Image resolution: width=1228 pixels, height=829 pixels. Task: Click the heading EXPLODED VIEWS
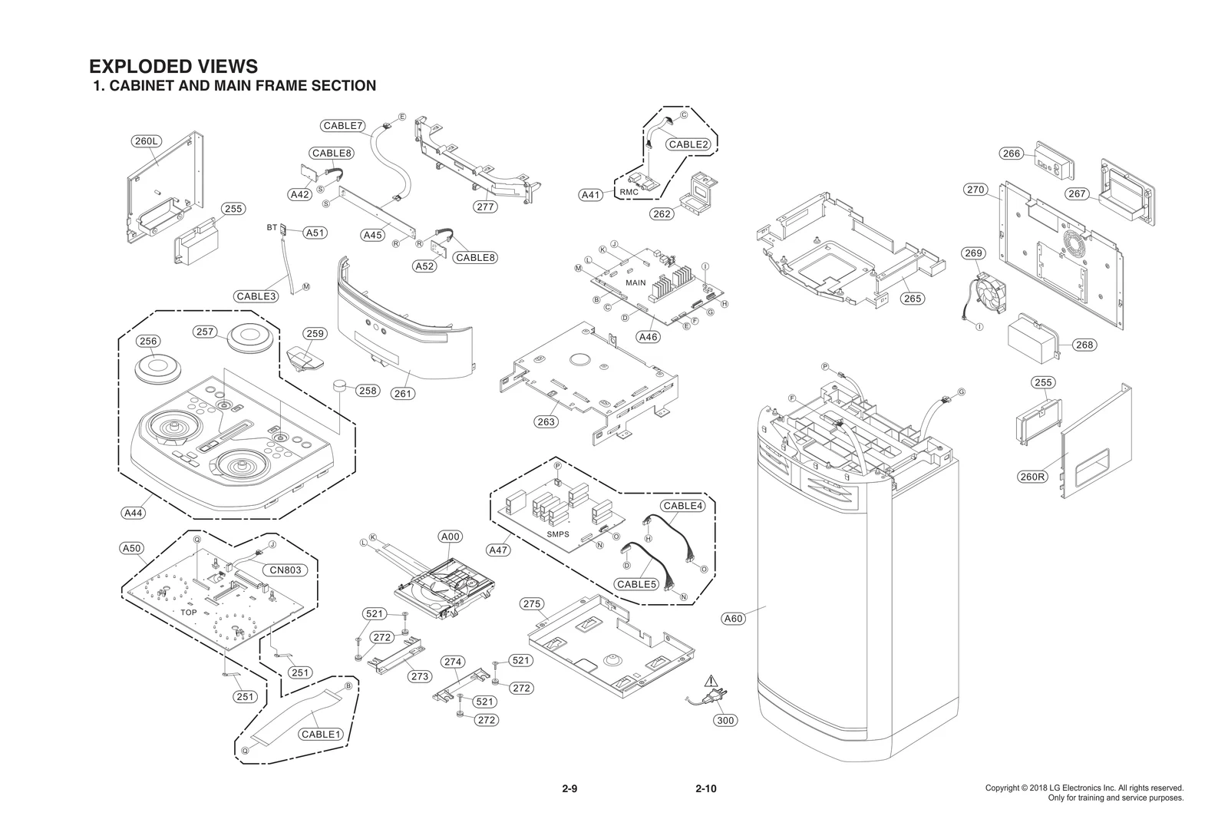173,67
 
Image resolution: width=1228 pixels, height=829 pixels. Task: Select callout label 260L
146,141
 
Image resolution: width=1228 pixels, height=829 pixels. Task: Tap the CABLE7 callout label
343,126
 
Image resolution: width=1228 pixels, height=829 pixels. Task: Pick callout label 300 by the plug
725,720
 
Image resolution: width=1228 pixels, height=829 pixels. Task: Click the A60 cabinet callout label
734,619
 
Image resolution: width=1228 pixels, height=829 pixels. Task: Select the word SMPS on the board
558,534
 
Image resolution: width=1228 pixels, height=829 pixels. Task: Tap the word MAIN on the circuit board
635,283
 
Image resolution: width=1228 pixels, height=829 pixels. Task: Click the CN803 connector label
286,570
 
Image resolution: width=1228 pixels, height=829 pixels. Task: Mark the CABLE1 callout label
320,735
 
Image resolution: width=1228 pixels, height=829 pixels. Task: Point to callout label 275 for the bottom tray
532,604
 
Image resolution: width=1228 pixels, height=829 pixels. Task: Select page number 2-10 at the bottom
705,789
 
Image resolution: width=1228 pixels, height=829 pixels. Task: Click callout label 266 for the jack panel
1012,154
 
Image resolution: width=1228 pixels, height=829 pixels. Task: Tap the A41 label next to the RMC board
590,195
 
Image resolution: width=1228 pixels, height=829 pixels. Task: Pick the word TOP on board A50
189,613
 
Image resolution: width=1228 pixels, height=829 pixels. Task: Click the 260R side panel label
1032,477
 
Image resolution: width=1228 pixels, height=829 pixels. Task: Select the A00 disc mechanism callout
451,537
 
